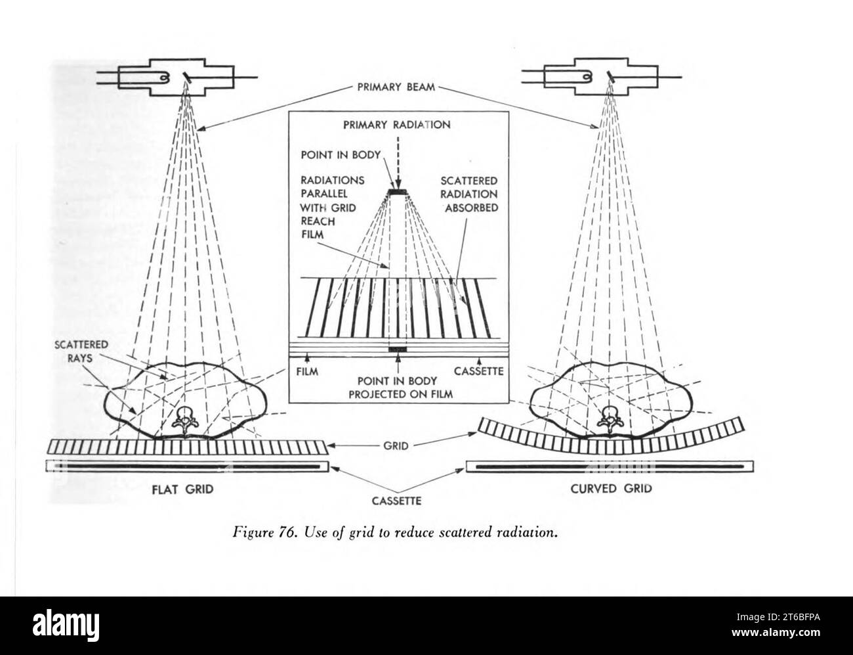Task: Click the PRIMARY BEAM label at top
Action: [x=395, y=87]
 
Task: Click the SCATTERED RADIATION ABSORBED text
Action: [x=470, y=194]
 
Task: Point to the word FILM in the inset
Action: [x=306, y=371]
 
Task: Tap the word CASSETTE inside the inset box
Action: [x=478, y=371]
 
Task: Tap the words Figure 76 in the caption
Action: [x=261, y=533]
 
